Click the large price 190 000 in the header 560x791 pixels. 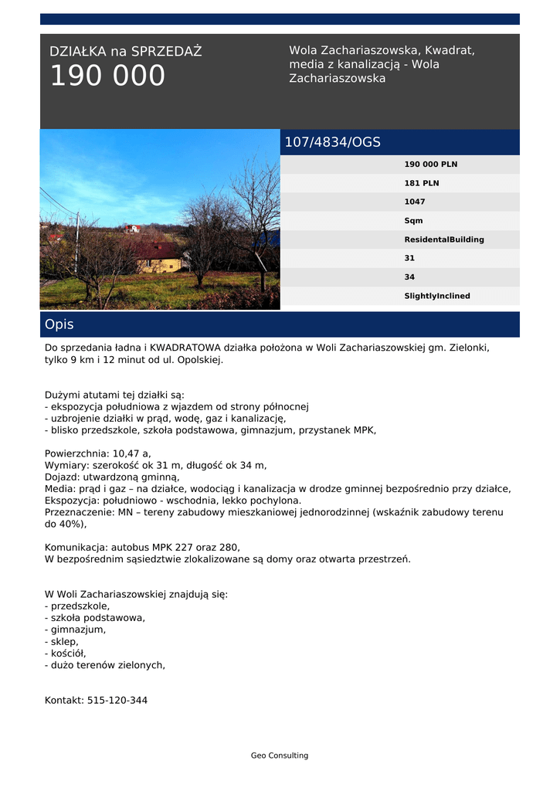pyautogui.click(x=107, y=76)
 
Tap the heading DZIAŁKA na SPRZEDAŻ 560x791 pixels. pyautogui.click(x=125, y=52)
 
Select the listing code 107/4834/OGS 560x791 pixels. pyautogui.click(x=332, y=142)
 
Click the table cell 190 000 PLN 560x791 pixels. pyautogui.click(x=430, y=165)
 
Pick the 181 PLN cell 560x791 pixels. pyautogui.click(x=421, y=183)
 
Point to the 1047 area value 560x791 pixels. pyautogui.click(x=414, y=202)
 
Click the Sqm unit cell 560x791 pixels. pyautogui.click(x=413, y=221)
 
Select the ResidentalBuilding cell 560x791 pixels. pyautogui.click(x=443, y=239)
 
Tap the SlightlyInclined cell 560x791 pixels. pyautogui.click(x=436, y=296)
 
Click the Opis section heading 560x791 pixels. pyautogui.click(x=59, y=324)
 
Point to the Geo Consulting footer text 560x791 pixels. pyautogui.click(x=279, y=755)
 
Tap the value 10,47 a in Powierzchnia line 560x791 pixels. pyautogui.click(x=131, y=453)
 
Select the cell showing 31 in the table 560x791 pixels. pyautogui.click(x=409, y=258)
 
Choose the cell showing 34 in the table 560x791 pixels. pyautogui.click(x=409, y=277)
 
